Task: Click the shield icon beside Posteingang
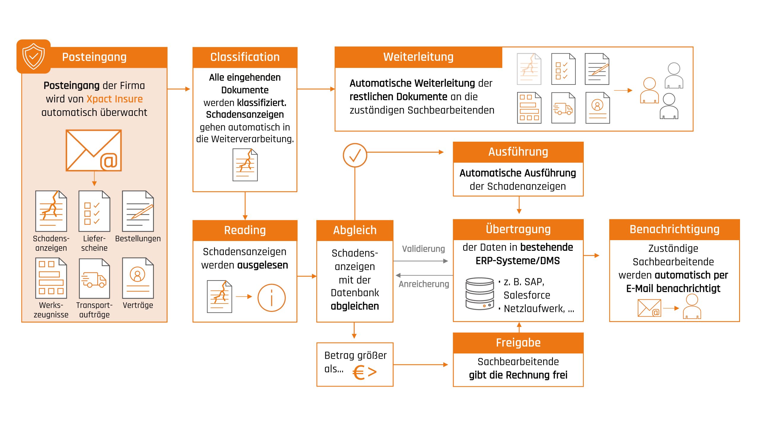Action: pos(34,57)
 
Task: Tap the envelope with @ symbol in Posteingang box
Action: pos(94,150)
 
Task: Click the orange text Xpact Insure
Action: pos(114,99)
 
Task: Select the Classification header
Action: pos(245,57)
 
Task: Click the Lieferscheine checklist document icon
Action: pos(94,211)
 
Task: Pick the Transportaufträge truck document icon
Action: pos(94,279)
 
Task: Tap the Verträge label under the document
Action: pos(138,305)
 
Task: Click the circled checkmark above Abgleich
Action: pos(355,155)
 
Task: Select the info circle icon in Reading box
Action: pos(271,298)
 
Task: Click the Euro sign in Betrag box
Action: pos(359,372)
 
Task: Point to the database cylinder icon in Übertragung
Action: pos(479,293)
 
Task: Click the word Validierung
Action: pos(423,249)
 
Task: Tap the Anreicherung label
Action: pos(424,284)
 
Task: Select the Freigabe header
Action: pos(518,343)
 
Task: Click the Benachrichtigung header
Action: pos(674,229)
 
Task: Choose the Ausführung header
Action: pos(518,152)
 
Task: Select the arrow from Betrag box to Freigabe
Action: pos(420,365)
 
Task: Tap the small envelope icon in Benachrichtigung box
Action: pos(649,308)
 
